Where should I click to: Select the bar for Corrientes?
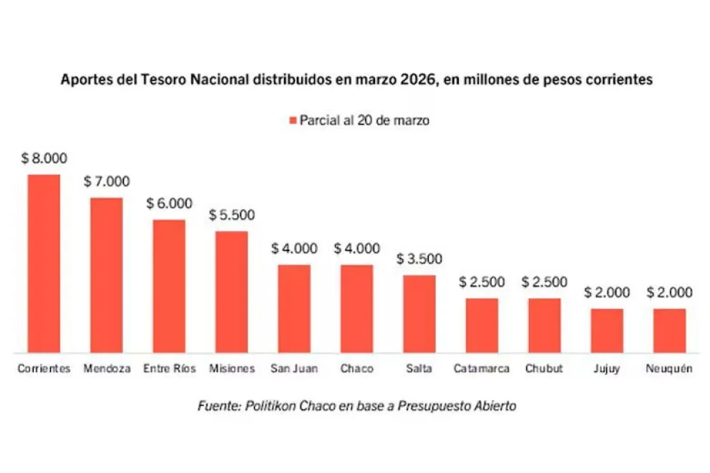(x=44, y=264)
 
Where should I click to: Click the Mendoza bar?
(x=106, y=275)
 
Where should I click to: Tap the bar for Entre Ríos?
(x=169, y=286)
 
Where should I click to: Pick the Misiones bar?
(x=231, y=292)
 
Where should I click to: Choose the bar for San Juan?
(x=294, y=309)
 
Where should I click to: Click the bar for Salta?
(x=419, y=314)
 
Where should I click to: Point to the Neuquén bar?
(x=669, y=331)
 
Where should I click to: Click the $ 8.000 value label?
(x=44, y=159)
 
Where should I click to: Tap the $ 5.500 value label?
(x=232, y=215)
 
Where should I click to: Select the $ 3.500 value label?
(x=419, y=259)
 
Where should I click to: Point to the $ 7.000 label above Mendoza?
(x=107, y=182)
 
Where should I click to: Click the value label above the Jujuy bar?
(x=607, y=292)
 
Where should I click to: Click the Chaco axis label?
(x=356, y=369)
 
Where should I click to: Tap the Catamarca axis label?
(x=482, y=369)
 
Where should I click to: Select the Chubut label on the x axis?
(x=544, y=369)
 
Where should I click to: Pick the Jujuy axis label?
(x=606, y=369)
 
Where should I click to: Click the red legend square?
(x=292, y=121)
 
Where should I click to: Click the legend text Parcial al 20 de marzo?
(x=364, y=121)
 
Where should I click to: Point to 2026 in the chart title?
(x=420, y=81)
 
